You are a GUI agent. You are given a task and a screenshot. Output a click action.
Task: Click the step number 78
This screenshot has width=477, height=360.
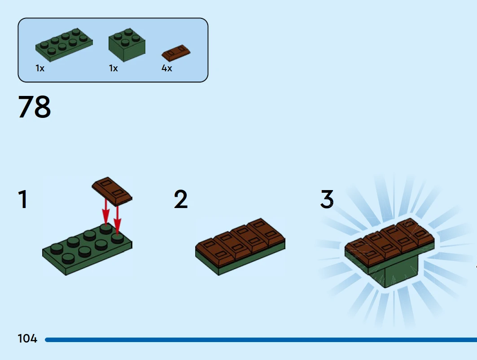(x=35, y=106)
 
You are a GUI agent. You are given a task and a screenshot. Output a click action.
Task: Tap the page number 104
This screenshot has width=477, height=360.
(x=27, y=338)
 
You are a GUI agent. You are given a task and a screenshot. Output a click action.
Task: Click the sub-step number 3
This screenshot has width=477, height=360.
(x=327, y=199)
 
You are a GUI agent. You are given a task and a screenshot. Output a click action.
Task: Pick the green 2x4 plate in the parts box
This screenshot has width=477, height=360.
(x=64, y=45)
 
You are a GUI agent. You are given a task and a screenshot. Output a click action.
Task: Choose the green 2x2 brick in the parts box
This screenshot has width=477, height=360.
(x=127, y=45)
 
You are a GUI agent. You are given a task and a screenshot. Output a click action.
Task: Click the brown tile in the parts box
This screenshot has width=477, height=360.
(x=176, y=53)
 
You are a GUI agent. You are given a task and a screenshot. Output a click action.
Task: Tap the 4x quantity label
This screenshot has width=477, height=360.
(x=167, y=68)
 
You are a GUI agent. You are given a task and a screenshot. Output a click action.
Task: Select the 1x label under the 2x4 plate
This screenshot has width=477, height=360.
(x=40, y=68)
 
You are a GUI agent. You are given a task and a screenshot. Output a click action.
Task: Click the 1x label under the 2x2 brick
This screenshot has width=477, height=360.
(x=114, y=68)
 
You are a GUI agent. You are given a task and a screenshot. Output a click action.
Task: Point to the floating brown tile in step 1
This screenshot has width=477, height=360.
(x=112, y=191)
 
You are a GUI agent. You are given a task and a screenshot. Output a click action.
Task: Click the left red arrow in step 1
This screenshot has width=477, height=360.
(x=105, y=212)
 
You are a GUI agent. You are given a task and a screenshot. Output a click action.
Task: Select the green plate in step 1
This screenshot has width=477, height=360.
(x=88, y=249)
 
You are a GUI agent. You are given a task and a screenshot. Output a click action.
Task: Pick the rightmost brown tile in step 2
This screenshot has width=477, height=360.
(x=266, y=231)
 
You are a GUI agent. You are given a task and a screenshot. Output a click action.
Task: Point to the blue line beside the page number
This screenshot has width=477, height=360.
(x=261, y=340)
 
